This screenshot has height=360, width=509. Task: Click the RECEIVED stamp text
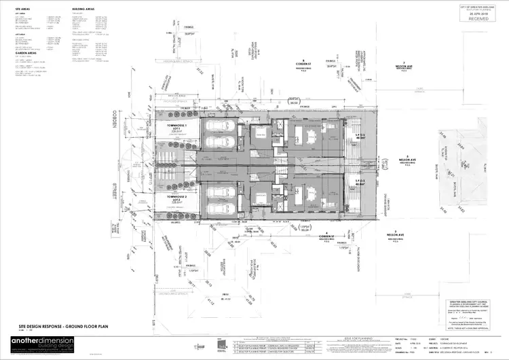point(478,19)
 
